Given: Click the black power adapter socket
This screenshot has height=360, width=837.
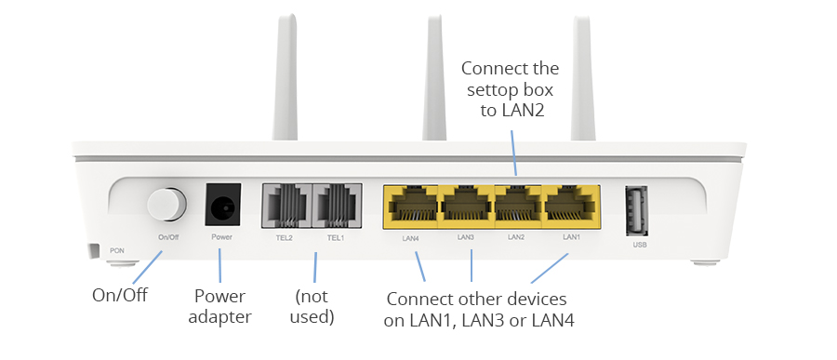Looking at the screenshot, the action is (223, 205).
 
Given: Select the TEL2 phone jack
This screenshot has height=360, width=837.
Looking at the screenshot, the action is (286, 206).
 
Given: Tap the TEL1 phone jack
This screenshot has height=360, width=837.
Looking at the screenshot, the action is (338, 206).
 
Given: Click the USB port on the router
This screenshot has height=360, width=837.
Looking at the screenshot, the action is (636, 210).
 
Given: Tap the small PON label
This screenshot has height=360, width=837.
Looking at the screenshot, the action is (117, 250).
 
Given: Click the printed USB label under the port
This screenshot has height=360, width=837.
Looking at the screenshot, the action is (640, 245).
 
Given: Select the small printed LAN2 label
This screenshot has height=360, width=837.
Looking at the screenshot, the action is (516, 236).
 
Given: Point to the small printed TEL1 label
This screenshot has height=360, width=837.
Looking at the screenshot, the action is (336, 238).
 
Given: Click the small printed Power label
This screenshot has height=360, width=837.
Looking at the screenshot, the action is (221, 236).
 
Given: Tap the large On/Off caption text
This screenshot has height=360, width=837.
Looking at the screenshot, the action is (120, 295).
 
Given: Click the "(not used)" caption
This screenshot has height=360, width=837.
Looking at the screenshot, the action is (312, 307).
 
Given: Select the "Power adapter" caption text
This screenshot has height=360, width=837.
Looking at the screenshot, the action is (219, 307).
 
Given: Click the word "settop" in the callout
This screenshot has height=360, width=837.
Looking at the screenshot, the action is (490, 90).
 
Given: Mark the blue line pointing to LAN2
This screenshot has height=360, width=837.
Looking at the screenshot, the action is (513, 152).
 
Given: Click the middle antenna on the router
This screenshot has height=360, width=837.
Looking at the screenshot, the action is (434, 78).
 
